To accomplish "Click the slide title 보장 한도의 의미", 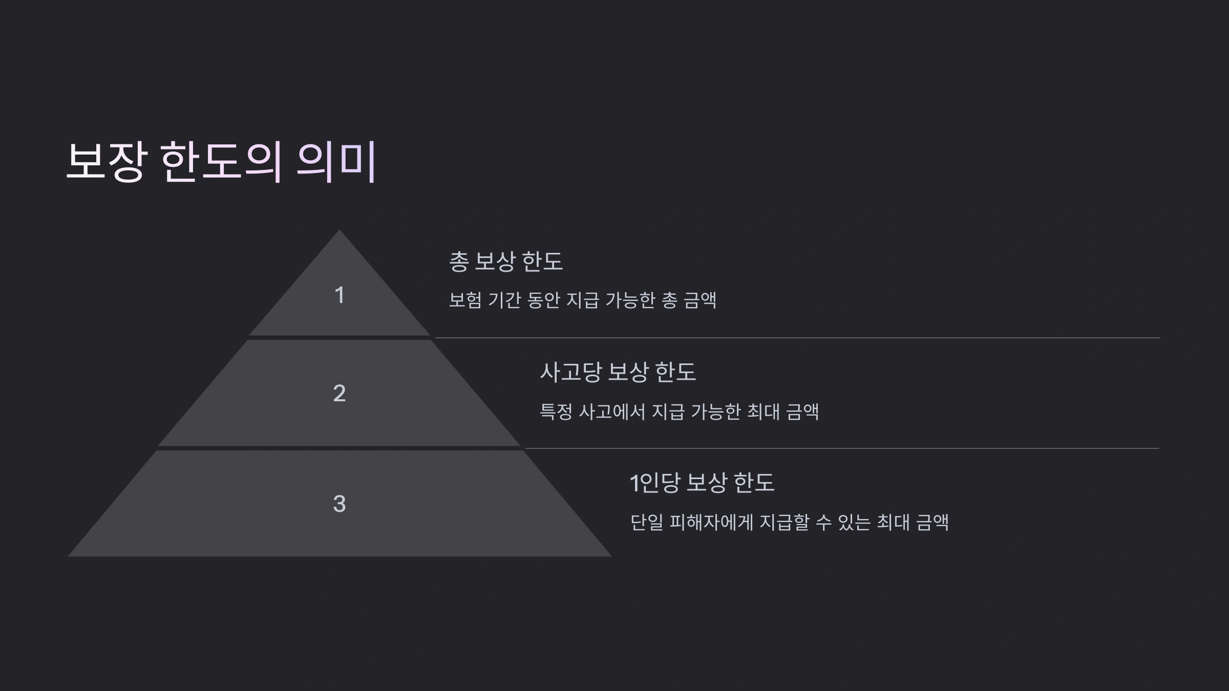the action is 221,162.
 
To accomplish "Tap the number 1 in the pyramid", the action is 339,295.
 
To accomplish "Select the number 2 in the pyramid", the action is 339,393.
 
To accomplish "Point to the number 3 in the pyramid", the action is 339,504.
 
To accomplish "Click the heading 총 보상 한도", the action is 505,262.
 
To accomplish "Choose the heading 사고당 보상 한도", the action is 618,372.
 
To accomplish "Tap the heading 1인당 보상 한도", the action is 702,483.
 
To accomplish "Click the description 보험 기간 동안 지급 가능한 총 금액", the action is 582,300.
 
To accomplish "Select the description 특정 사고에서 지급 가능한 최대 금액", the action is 679,412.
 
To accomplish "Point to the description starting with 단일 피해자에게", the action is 789,523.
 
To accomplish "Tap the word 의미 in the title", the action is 336,162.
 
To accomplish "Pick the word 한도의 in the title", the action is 221,162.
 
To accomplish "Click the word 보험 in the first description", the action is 465,300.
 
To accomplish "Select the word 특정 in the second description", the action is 556,412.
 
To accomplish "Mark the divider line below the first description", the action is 797,338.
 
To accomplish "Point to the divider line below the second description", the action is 842,448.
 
